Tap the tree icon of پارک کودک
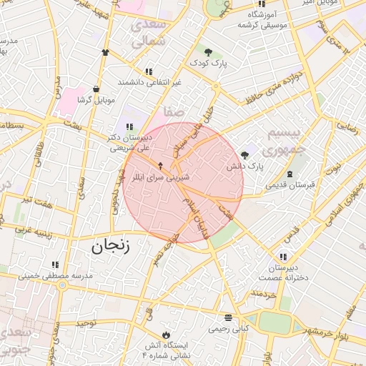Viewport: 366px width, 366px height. click(208, 52)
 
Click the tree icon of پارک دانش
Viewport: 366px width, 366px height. click(245, 154)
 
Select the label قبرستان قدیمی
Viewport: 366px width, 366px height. click(290, 185)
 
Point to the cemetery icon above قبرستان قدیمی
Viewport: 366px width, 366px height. click(290, 174)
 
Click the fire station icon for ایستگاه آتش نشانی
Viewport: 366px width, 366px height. click(167, 335)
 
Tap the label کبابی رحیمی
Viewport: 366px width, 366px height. click(228, 330)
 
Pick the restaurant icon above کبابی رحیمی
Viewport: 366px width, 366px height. click(228, 318)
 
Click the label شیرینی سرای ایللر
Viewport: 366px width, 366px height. click(160, 176)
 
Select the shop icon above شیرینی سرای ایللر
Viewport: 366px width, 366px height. click(160, 165)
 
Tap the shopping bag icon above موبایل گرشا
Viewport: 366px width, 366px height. click(96, 89)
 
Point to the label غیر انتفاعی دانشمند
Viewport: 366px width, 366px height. click(149, 82)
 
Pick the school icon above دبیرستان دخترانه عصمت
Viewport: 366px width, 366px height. click(284, 257)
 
